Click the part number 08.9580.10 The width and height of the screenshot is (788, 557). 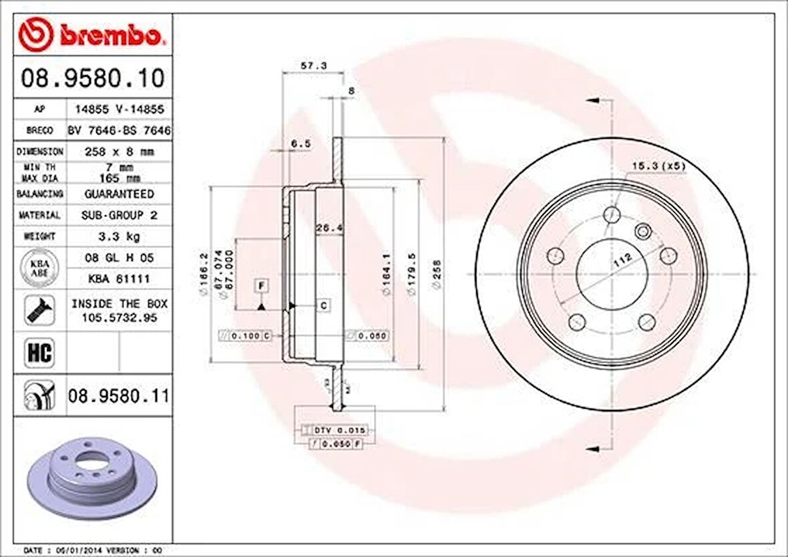click(x=92, y=79)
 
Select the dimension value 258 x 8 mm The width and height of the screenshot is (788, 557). click(x=119, y=152)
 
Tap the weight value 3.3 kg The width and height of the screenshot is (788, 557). click(x=119, y=236)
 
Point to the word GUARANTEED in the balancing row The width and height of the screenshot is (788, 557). click(x=119, y=194)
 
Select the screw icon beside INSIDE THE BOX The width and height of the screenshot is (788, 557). click(x=38, y=311)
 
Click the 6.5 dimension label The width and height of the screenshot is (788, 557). click(x=301, y=144)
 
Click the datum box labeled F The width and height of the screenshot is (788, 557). click(x=262, y=286)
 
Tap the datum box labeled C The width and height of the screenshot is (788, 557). click(x=323, y=306)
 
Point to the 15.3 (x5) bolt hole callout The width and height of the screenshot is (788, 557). click(x=658, y=166)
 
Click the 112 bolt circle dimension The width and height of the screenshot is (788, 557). click(x=621, y=261)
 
